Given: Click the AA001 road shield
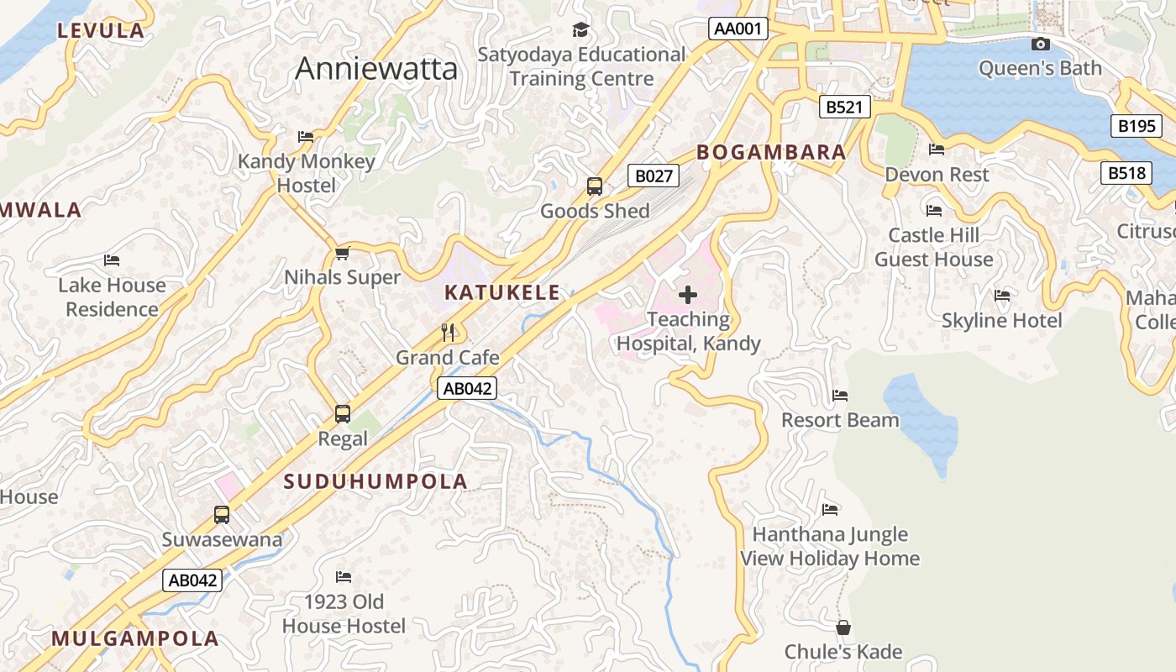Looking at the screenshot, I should pyautogui.click(x=738, y=29).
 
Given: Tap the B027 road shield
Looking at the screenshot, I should pyautogui.click(x=654, y=176).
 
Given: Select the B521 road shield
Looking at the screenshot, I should pyautogui.click(x=845, y=108).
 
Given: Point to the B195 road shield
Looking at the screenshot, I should pyautogui.click(x=1137, y=126).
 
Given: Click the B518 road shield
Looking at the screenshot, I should pyautogui.click(x=1126, y=173).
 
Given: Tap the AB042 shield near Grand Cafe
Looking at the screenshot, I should pyautogui.click(x=467, y=388).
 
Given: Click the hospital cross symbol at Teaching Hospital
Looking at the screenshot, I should pyautogui.click(x=688, y=295).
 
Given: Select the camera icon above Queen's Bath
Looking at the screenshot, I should pyautogui.click(x=1040, y=44).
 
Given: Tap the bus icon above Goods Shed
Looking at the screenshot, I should pyautogui.click(x=595, y=186).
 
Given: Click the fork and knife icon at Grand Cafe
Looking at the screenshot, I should pyautogui.click(x=448, y=333).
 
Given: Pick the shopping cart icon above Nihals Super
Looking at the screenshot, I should pyautogui.click(x=342, y=253).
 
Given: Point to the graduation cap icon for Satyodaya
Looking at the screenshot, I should pyautogui.click(x=581, y=30).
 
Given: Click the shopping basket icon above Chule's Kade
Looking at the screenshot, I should pyautogui.click(x=843, y=627).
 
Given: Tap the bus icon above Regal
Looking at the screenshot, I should pyautogui.click(x=343, y=413).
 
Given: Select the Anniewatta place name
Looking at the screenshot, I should pyautogui.click(x=376, y=69).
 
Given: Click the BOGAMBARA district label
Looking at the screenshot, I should pyautogui.click(x=771, y=152).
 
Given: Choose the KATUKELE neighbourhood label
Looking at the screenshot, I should pyautogui.click(x=501, y=292).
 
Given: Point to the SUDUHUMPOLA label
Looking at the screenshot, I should pyautogui.click(x=375, y=481).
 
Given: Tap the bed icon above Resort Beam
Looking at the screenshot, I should pyautogui.click(x=840, y=396).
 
